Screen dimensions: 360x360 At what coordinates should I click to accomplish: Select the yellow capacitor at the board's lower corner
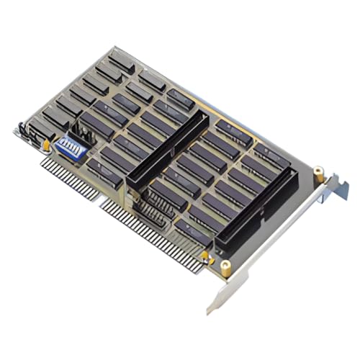tap(207, 256)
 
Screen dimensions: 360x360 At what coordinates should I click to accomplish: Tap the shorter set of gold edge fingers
tap(68, 176)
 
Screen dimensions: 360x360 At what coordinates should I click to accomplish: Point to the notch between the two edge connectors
tap(99, 197)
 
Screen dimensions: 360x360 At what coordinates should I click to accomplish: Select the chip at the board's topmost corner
tap(122, 60)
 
